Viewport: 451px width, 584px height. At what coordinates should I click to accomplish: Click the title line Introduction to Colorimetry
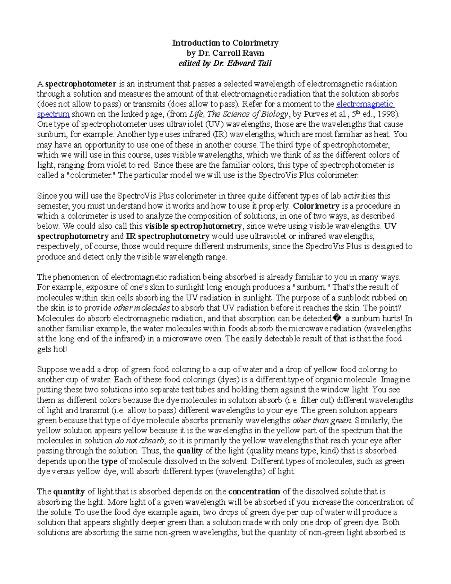pyautogui.click(x=225, y=43)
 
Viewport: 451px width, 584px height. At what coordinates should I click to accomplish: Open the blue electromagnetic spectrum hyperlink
pyautogui.click(x=365, y=104)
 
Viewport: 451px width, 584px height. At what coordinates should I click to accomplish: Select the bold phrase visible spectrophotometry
pyautogui.click(x=193, y=226)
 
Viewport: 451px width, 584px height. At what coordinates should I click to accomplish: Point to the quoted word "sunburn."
pyautogui.click(x=311, y=288)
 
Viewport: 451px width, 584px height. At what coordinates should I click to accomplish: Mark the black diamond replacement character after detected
pyautogui.click(x=337, y=319)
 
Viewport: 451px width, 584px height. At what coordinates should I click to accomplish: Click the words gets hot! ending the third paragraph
pyautogui.click(x=52, y=349)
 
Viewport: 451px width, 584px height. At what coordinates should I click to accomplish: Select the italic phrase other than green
pyautogui.click(x=322, y=420)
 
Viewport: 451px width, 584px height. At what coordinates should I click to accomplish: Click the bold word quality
pyautogui.click(x=189, y=451)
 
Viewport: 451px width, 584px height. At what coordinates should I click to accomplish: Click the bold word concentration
pyautogui.click(x=254, y=492)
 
